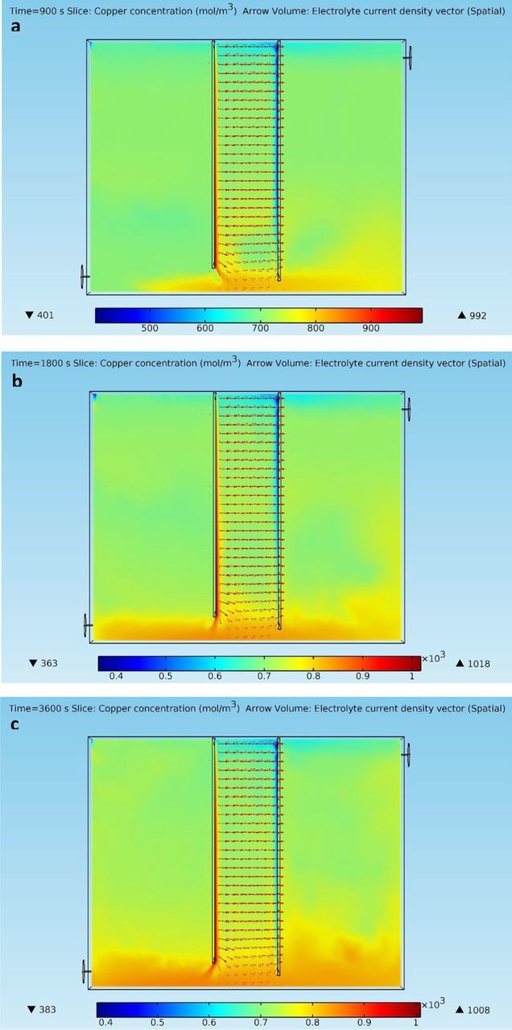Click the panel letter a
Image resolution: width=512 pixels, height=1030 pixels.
(x=16, y=27)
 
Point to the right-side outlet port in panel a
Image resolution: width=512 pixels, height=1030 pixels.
(x=409, y=57)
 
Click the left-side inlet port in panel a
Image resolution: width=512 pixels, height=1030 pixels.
(x=84, y=277)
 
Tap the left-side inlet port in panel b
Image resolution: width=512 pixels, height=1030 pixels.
(x=87, y=624)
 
